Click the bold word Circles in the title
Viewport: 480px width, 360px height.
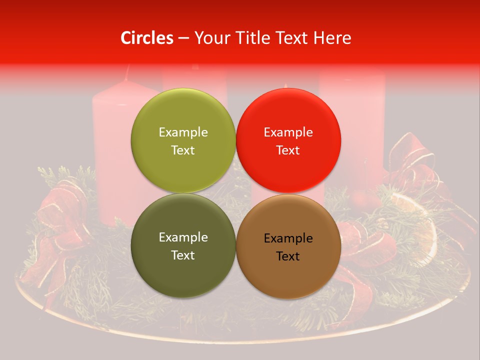(x=146, y=38)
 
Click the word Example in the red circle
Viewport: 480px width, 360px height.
(x=288, y=132)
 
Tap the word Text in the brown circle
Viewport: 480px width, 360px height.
(x=288, y=256)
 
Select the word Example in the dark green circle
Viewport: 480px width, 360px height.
(x=183, y=237)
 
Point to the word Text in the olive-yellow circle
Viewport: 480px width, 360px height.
(x=183, y=150)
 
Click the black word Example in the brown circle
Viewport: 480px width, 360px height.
(x=288, y=238)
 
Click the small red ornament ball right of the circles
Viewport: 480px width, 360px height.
(x=361, y=200)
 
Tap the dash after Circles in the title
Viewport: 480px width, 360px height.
(x=183, y=38)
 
